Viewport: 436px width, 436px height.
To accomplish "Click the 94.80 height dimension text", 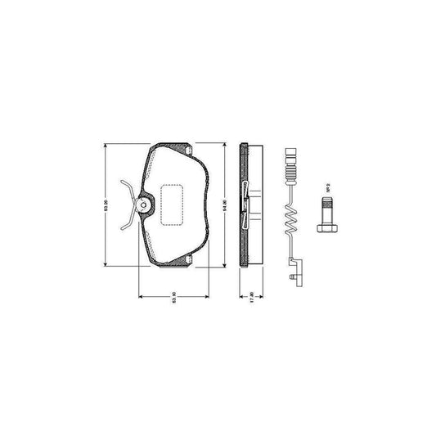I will point(224,203).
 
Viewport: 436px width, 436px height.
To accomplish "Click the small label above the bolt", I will point(326,189).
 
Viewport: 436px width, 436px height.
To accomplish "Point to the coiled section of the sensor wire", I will point(288,219).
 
